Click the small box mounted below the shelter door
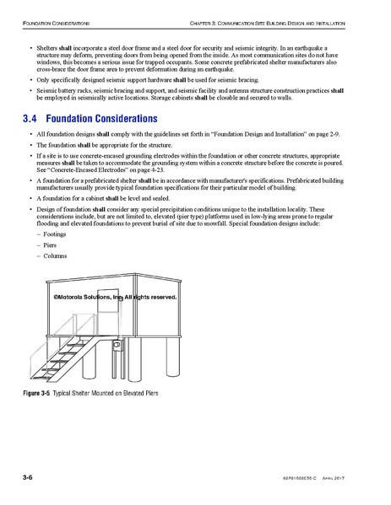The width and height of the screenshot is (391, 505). click(118, 344)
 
